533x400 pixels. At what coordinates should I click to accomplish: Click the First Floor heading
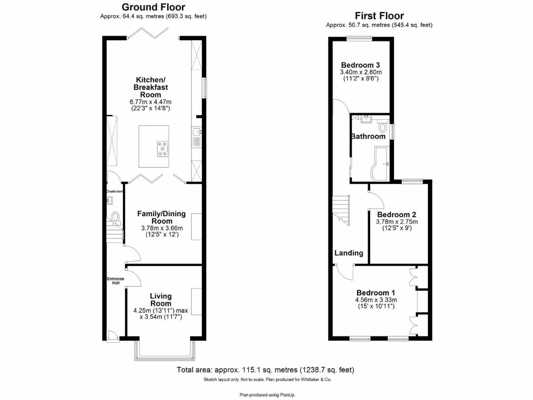click(x=379, y=16)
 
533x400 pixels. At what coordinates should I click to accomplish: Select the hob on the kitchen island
click(x=162, y=149)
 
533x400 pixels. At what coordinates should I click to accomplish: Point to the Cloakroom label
click(x=114, y=191)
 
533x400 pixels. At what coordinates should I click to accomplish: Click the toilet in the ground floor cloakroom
click(x=116, y=216)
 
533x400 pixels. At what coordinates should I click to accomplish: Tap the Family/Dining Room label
click(x=162, y=217)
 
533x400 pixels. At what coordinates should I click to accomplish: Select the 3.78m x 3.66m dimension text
click(x=162, y=228)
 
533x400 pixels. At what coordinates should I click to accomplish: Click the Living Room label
click(x=161, y=299)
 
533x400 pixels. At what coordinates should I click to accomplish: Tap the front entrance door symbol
click(x=111, y=335)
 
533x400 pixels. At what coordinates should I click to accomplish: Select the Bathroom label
click(x=367, y=136)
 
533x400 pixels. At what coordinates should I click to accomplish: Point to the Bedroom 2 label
click(x=396, y=214)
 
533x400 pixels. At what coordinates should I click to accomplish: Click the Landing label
click(x=348, y=253)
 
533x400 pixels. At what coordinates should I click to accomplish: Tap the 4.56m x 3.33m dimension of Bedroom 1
click(x=376, y=300)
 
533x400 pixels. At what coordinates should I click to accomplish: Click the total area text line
click(x=265, y=370)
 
